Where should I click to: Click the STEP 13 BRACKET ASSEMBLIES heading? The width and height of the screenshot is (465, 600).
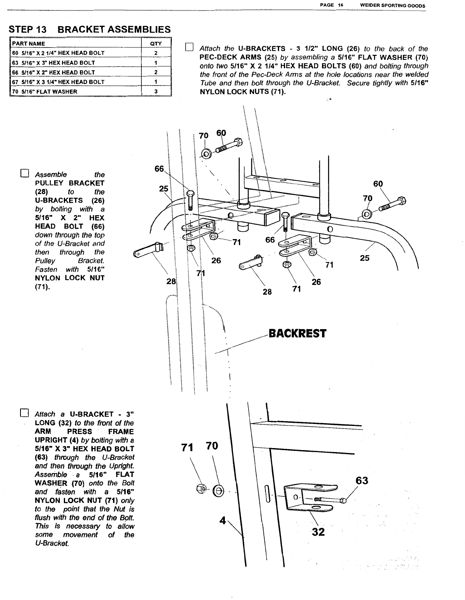pyautogui.click(x=90, y=29)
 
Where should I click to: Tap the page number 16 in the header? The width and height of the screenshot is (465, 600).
pyautogui.click(x=340, y=5)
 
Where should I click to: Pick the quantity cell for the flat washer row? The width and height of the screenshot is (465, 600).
pyautogui.click(x=155, y=91)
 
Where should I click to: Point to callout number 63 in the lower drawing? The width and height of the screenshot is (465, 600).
pyautogui.click(x=362, y=481)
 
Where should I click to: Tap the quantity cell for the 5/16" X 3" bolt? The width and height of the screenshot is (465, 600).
pyautogui.click(x=155, y=63)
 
